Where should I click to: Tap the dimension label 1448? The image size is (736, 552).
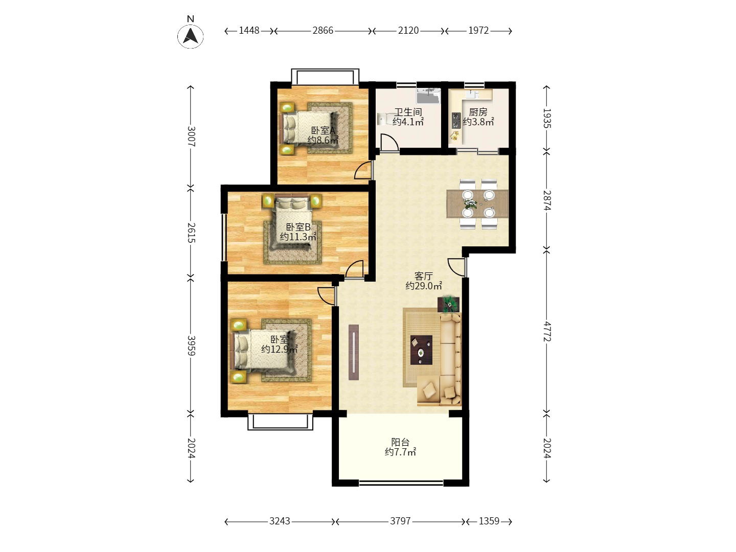(249, 31)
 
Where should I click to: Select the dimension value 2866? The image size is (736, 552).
(323, 31)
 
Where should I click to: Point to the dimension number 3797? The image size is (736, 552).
(400, 521)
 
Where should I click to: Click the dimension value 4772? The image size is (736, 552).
(547, 332)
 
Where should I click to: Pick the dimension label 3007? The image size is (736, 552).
(191, 136)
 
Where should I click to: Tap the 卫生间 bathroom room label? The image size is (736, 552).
(408, 112)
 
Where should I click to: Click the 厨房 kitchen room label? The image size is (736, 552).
(478, 112)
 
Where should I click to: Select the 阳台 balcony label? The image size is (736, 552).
(400, 442)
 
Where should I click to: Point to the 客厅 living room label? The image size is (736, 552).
(424, 276)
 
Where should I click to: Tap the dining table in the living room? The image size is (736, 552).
(477, 204)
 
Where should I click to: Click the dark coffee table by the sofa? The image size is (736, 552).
(421, 350)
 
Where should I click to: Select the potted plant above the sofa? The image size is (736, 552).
(449, 304)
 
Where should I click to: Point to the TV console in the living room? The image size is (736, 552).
(354, 352)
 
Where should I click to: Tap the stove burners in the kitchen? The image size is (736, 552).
(456, 121)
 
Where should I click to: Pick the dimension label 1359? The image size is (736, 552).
(489, 521)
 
